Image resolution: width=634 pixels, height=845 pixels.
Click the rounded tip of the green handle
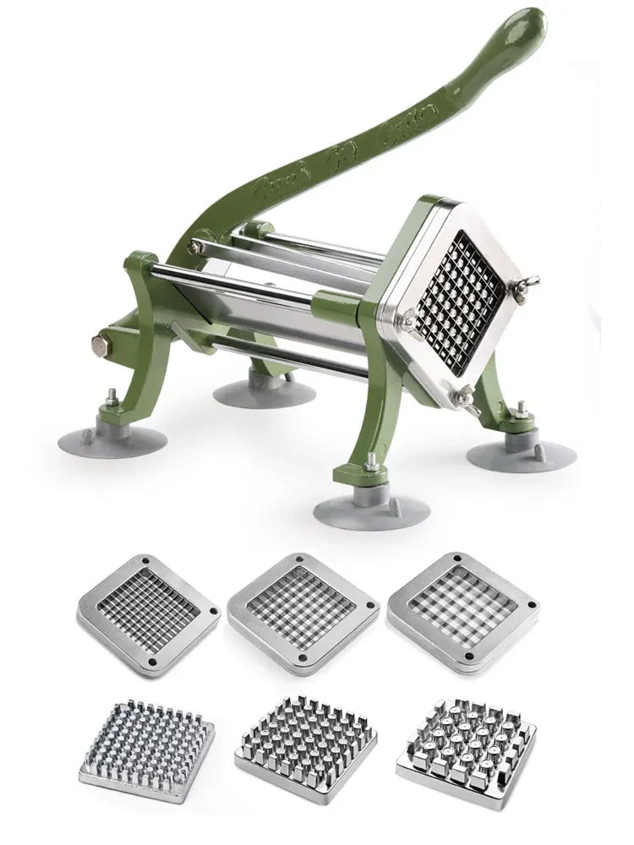[x=527, y=24]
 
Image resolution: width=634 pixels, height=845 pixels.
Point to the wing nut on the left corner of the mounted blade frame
[x=410, y=319]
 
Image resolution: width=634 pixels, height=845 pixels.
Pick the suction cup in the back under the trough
[x=264, y=390]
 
